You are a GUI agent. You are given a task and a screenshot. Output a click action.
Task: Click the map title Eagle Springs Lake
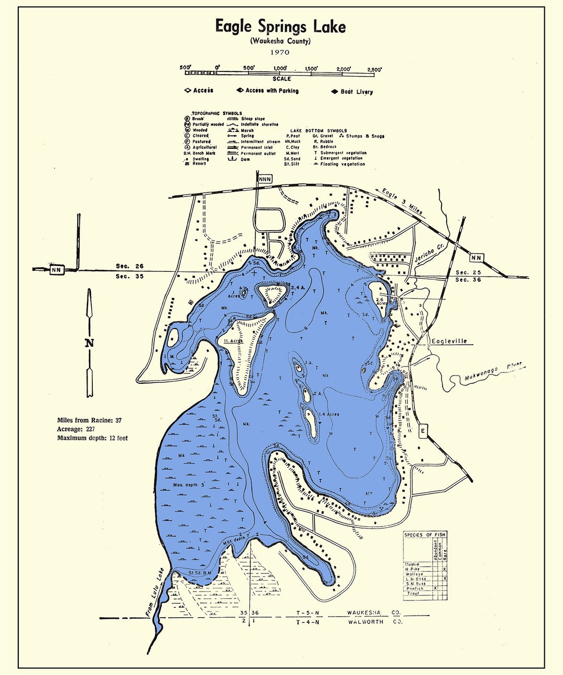click(x=280, y=27)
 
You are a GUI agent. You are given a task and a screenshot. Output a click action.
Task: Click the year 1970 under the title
click(x=280, y=52)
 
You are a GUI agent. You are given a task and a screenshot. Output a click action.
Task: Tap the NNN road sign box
click(x=265, y=179)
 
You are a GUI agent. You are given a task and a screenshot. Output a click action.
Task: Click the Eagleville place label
click(x=449, y=341)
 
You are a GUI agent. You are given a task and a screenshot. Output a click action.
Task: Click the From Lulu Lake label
click(x=155, y=593)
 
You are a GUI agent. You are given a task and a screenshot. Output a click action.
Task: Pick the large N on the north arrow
click(x=90, y=343)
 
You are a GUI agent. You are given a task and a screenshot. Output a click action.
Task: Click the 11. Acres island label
click(x=233, y=341)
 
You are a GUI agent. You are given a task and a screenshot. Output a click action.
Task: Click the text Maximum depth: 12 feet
click(x=92, y=438)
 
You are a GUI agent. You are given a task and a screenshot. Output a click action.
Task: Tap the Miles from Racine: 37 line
click(x=89, y=420)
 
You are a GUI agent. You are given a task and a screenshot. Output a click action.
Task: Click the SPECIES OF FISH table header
click(x=425, y=535)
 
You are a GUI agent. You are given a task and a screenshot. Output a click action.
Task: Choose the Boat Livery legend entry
click(x=357, y=92)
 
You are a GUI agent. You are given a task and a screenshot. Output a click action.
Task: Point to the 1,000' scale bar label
click(x=280, y=68)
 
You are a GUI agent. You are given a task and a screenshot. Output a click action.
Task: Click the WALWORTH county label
click(x=365, y=622)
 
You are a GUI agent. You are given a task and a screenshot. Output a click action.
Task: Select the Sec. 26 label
click(x=129, y=266)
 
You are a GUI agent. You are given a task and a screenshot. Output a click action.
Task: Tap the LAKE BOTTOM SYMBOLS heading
click(x=319, y=131)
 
